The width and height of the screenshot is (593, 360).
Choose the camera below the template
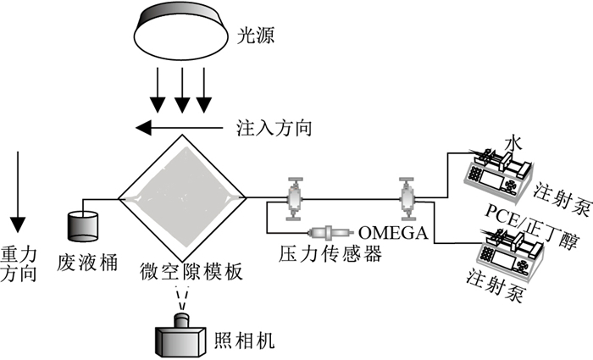coord(180,335)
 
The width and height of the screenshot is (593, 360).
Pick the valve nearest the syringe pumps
coord(406,199)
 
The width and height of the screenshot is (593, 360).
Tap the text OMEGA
coord(391,231)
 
